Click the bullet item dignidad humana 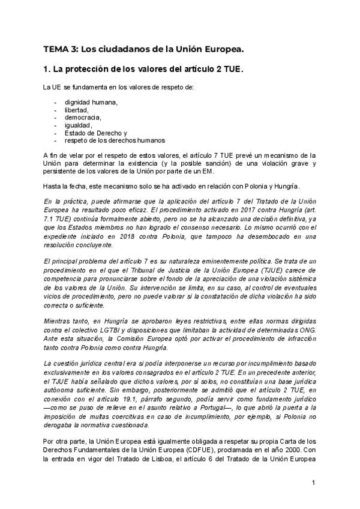(x=91, y=102)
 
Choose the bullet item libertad (x=76, y=110)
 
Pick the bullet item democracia (x=83, y=118)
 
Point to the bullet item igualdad (x=78, y=125)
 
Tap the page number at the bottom (x=313, y=482)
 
